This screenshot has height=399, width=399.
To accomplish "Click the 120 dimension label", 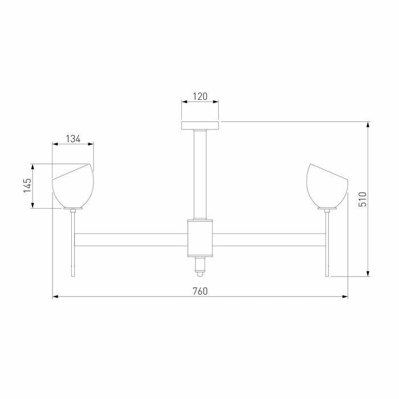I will coord(199,96).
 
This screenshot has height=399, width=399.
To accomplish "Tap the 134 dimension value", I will coord(73,139).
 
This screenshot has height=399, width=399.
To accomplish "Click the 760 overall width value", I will coord(199,291).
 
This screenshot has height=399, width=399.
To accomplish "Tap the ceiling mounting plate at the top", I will coord(199,125).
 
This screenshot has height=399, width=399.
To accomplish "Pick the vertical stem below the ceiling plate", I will coord(199,174).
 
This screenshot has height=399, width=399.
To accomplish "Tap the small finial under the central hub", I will coord(199,266).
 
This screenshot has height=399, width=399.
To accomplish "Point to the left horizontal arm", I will coord(131,239).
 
